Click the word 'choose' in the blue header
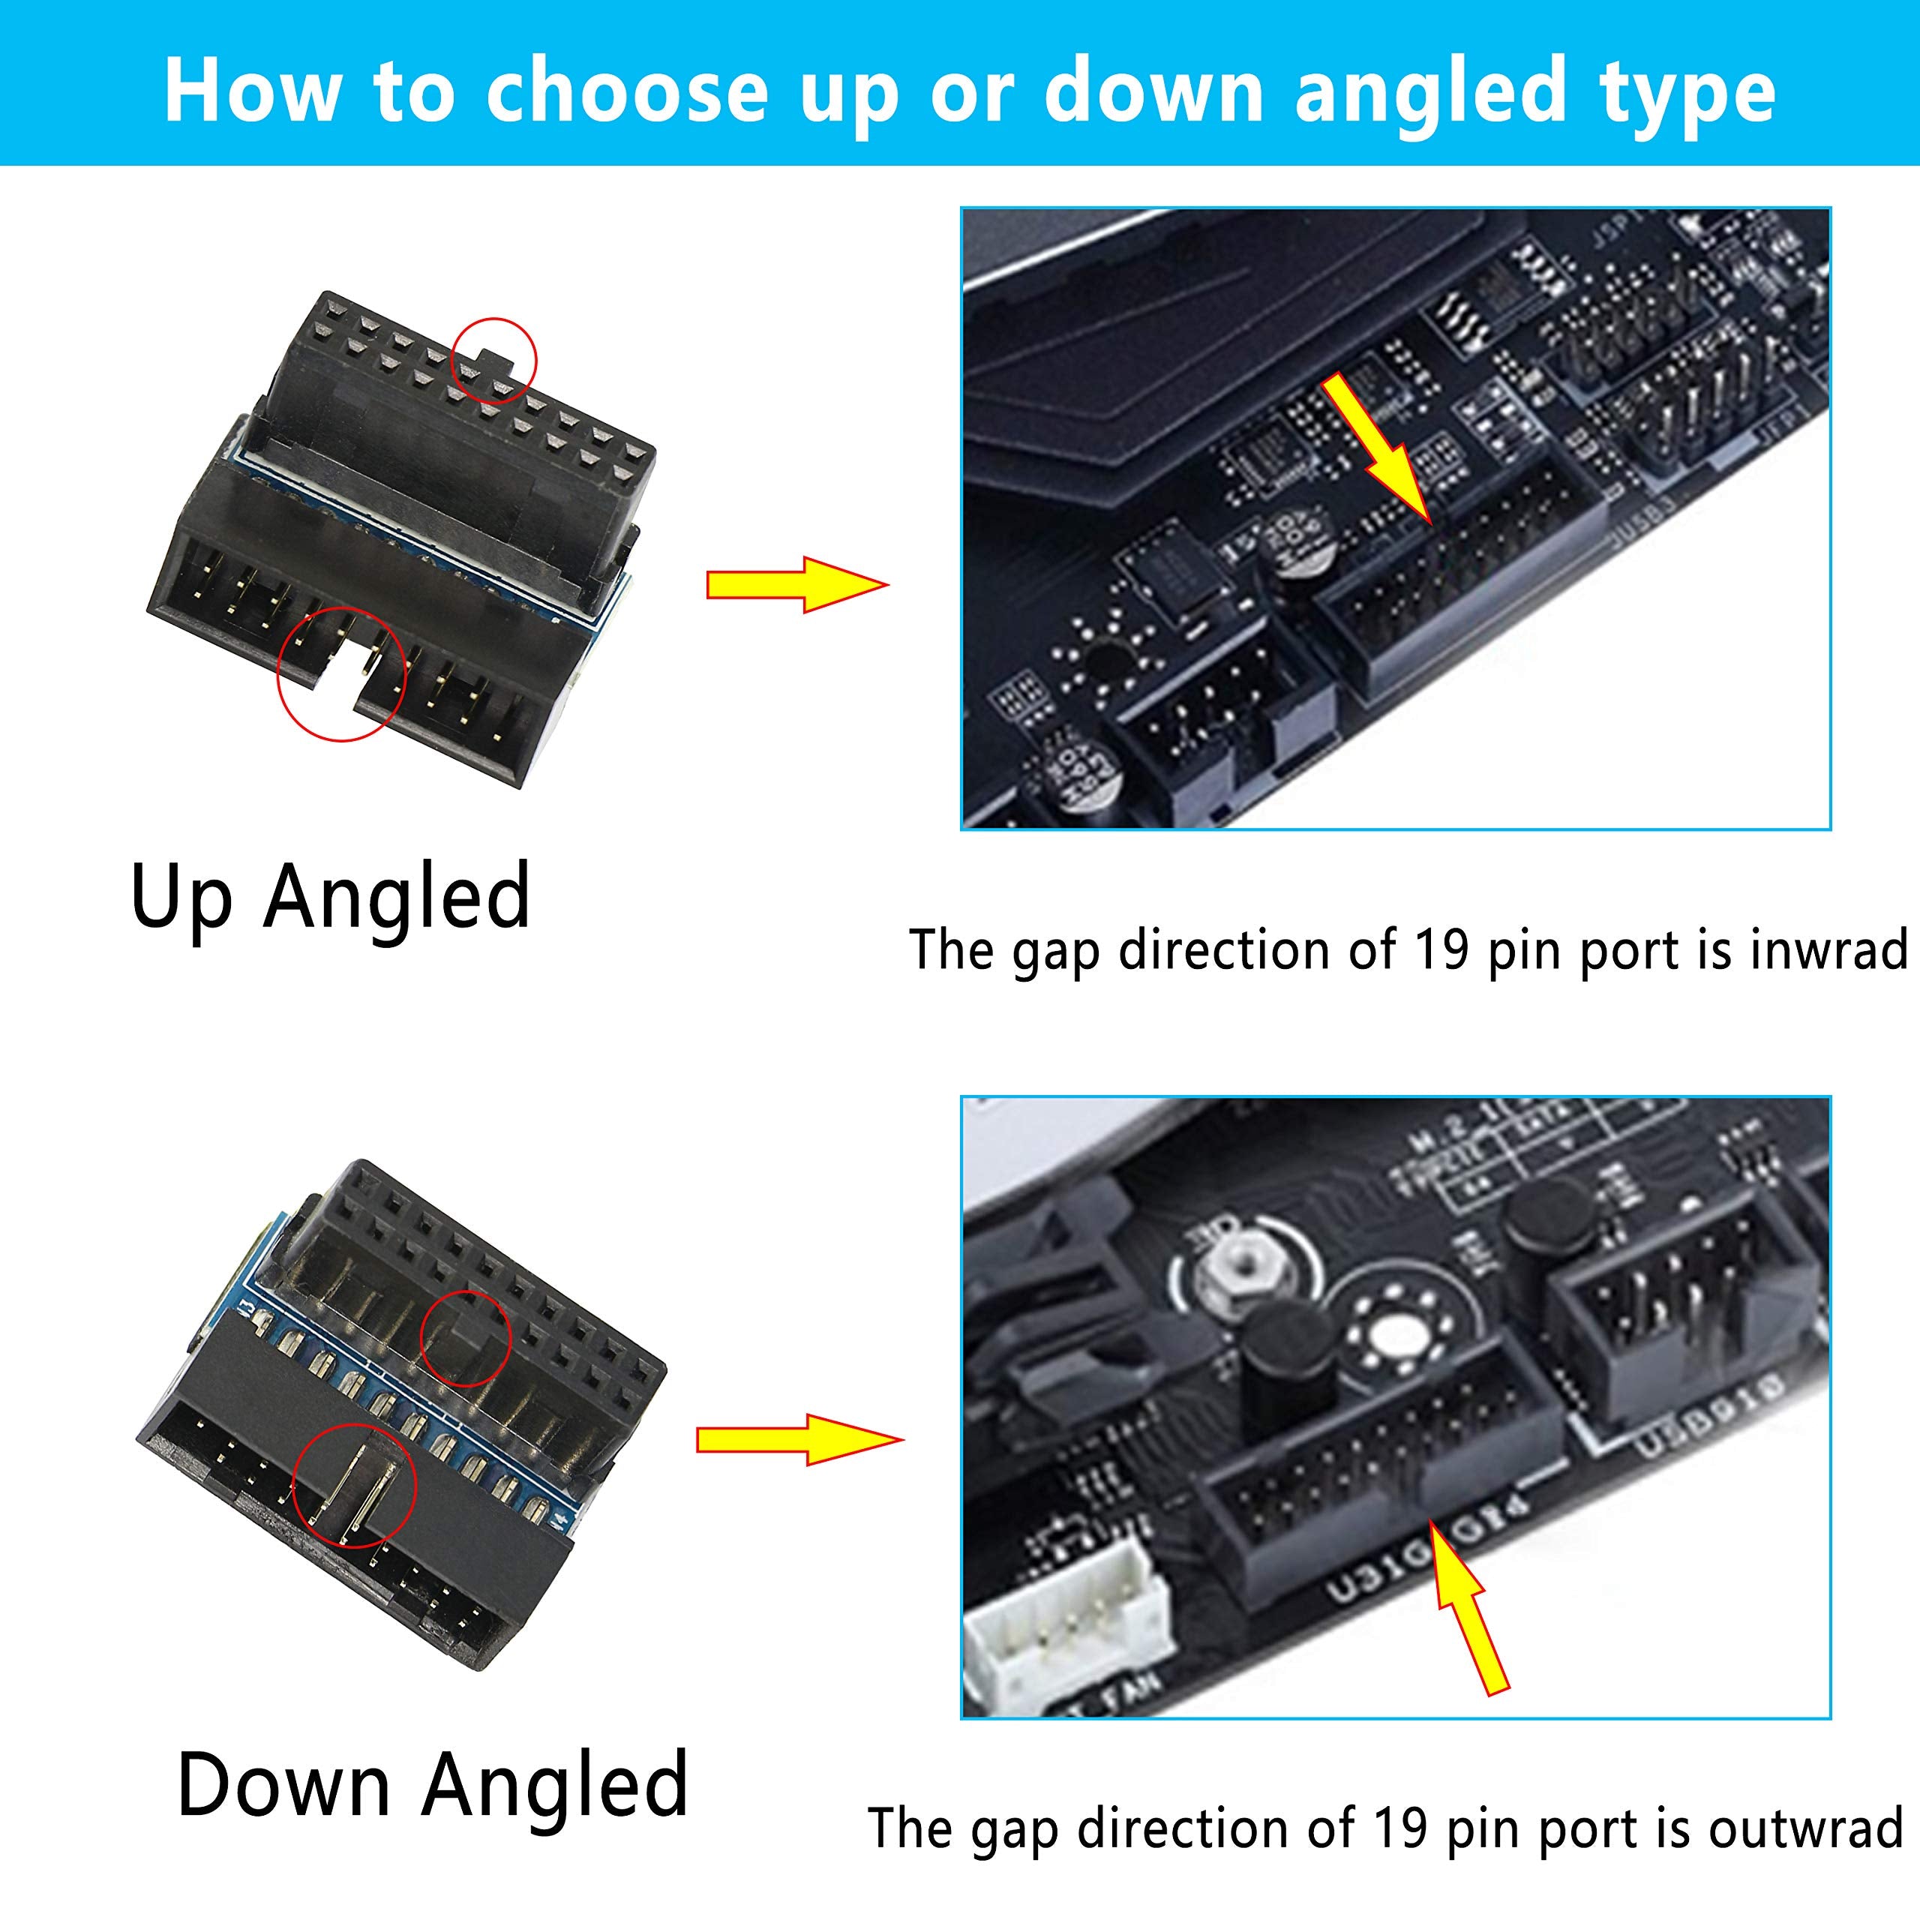pos(626,91)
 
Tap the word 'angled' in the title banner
pos(1434,91)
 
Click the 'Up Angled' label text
pos(331,898)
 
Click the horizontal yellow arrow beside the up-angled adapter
pos(795,584)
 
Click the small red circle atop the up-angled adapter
pos(494,360)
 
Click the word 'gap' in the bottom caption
pos(1014,1829)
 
